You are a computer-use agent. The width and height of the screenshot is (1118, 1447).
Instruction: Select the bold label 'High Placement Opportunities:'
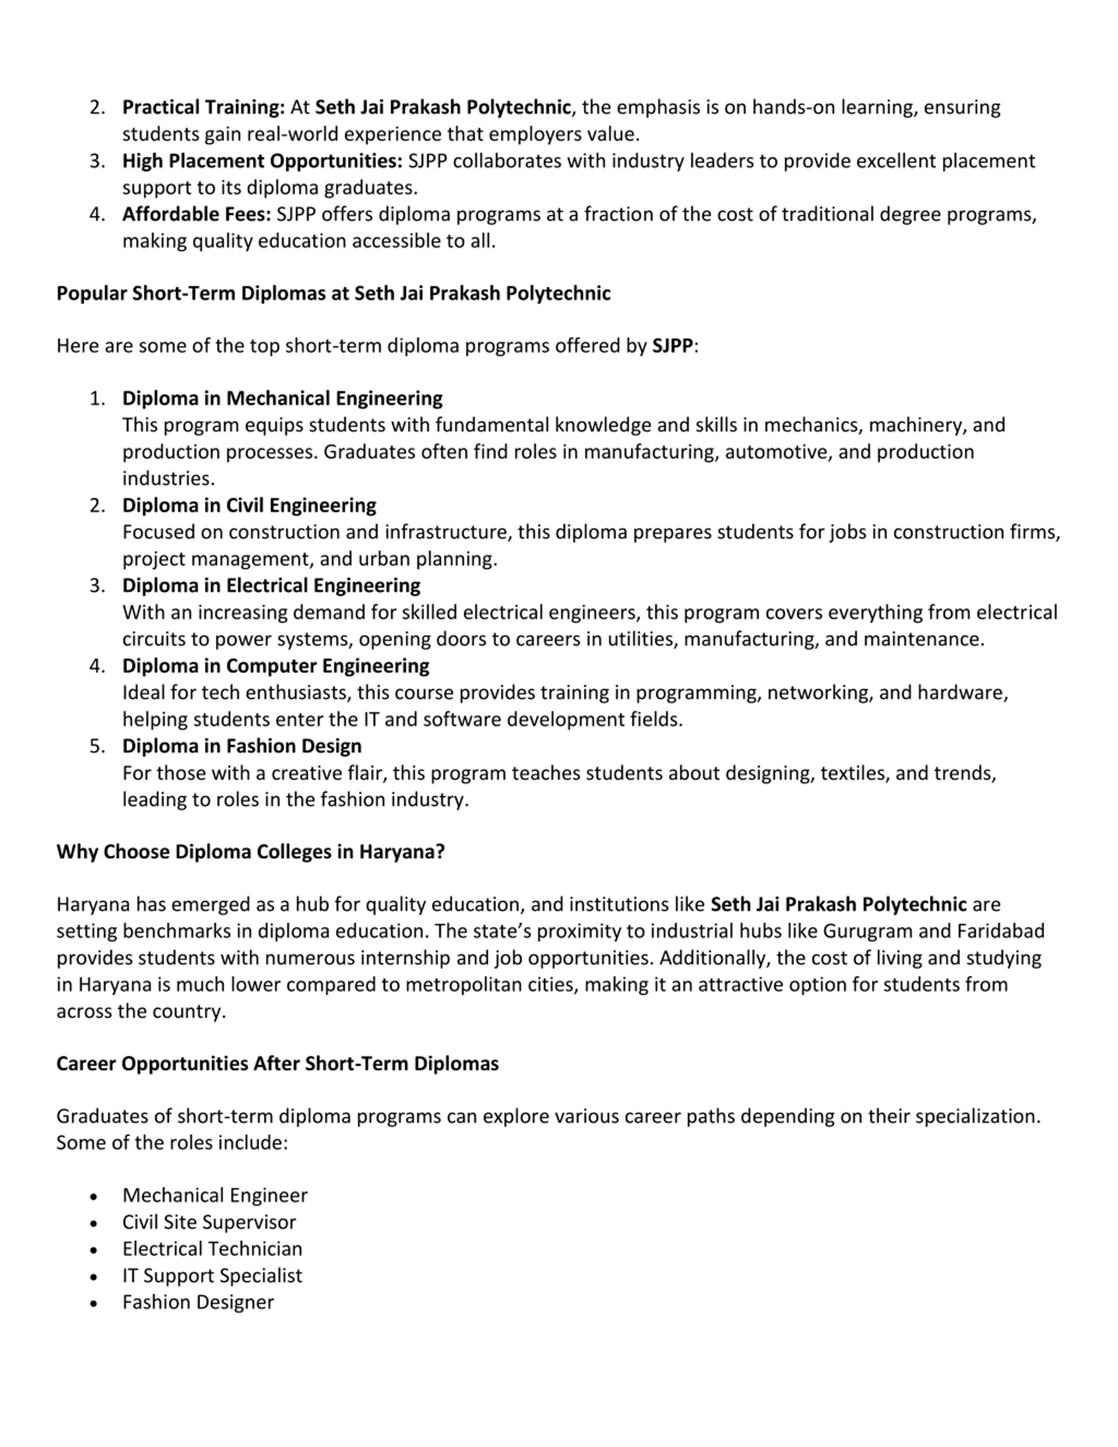pyautogui.click(x=262, y=161)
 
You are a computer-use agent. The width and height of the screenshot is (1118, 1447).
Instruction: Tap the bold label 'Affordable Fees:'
pyautogui.click(x=197, y=214)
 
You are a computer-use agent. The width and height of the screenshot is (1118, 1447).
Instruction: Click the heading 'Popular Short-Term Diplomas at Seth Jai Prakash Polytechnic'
pyautogui.click(x=333, y=294)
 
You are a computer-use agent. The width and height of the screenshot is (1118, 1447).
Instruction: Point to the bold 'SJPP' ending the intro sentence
pyautogui.click(x=672, y=346)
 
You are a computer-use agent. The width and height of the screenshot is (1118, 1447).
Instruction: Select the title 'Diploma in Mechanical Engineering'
pyautogui.click(x=282, y=398)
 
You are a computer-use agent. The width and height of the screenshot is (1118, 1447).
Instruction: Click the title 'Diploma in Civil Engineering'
pyautogui.click(x=249, y=505)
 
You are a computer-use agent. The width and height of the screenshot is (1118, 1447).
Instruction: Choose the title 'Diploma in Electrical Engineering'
pyautogui.click(x=271, y=586)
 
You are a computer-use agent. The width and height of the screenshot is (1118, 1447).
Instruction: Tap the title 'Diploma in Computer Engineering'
pyautogui.click(x=276, y=666)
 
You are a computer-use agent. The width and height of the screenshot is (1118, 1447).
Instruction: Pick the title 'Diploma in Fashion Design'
pyautogui.click(x=242, y=746)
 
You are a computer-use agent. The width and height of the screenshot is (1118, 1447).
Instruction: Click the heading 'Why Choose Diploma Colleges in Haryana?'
pyautogui.click(x=250, y=852)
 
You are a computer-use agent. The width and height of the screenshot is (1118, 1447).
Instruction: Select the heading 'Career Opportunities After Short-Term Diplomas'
pyautogui.click(x=277, y=1064)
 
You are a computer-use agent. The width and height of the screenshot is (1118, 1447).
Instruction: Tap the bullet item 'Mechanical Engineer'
pyautogui.click(x=214, y=1195)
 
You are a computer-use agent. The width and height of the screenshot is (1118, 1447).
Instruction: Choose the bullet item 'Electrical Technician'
pyautogui.click(x=212, y=1249)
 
